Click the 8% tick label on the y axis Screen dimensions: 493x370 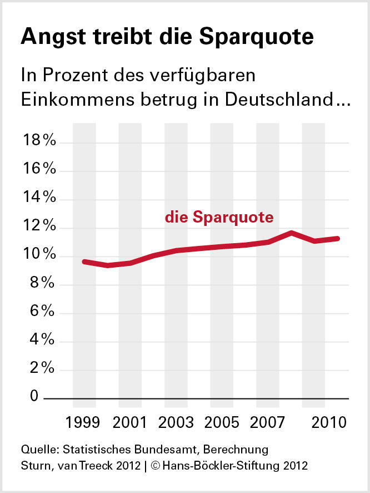click(43, 284)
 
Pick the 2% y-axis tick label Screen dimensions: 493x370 click(43, 369)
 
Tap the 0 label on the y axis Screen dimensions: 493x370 click(34, 397)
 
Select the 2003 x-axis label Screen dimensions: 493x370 click(176, 422)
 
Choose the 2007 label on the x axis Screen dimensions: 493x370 click(267, 422)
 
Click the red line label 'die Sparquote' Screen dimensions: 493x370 click(219, 217)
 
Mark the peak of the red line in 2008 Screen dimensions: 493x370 click(291, 233)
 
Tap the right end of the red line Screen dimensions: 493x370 click(337, 238)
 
